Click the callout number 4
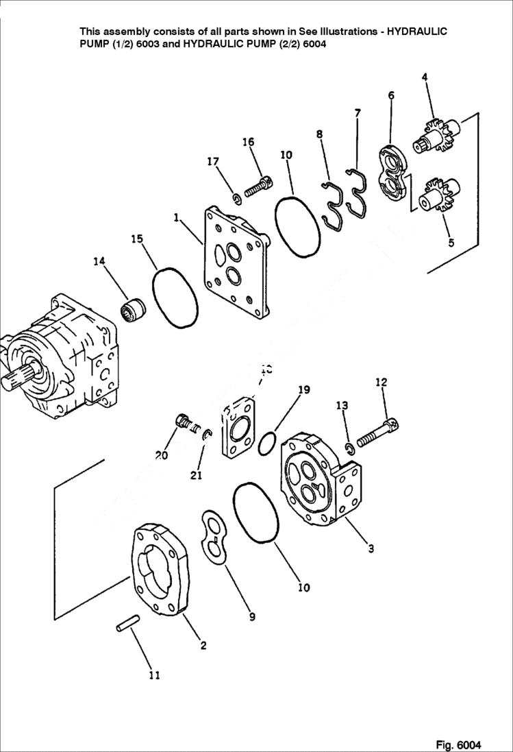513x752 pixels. coord(425,77)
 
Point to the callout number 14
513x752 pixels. coord(100,261)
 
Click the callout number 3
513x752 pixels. coord(371,548)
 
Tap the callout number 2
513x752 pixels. coord(203,645)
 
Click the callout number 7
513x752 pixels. coord(358,112)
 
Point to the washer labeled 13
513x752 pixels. coord(349,448)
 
